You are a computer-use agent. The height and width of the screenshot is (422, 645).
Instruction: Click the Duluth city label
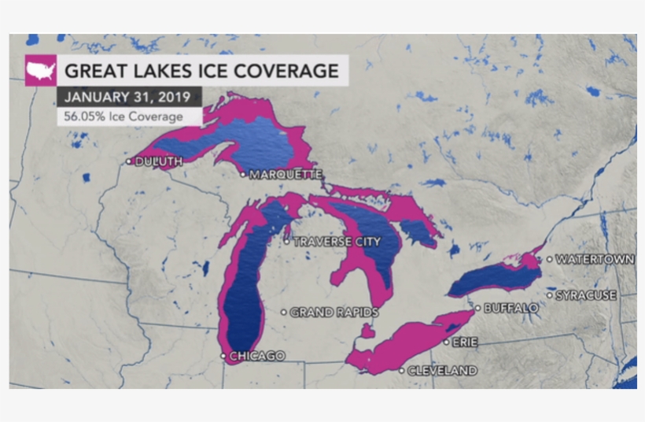click(x=160, y=161)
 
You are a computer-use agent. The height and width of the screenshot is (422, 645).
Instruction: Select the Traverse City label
click(x=337, y=242)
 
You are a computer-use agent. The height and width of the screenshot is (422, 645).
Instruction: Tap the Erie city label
click(x=464, y=342)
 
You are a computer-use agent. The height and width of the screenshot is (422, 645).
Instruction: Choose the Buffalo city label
click(x=512, y=308)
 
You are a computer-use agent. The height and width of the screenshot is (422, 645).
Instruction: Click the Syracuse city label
click(x=586, y=295)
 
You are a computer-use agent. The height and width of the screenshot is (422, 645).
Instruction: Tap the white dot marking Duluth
click(x=129, y=161)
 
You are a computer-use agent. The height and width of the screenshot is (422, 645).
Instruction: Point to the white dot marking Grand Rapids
click(x=284, y=313)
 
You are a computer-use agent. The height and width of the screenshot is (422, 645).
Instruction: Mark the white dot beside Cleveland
click(x=403, y=370)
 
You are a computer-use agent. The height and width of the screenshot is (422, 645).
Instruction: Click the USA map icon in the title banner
click(x=41, y=70)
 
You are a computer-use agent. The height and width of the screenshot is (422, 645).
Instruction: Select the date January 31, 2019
click(x=129, y=98)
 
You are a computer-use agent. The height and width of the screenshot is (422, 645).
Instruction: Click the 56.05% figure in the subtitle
click(x=81, y=117)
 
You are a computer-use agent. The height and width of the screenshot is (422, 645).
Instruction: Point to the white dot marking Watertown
click(x=549, y=259)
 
